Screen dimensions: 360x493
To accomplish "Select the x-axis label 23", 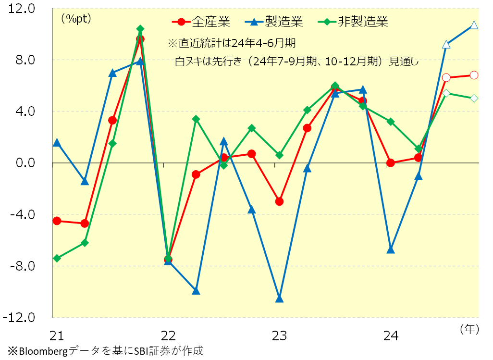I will pyautogui.click(x=280, y=335).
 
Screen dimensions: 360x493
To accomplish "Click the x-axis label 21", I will pyautogui.click(x=57, y=335).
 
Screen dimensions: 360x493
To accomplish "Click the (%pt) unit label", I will pyautogui.click(x=76, y=19).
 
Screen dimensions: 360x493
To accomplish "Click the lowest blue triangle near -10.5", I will pyautogui.click(x=280, y=299).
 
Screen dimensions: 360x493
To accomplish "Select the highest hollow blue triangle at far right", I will pyautogui.click(x=474, y=25).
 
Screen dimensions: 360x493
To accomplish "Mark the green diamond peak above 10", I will pyautogui.click(x=140, y=29).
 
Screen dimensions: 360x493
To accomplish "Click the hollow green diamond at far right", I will pyautogui.click(x=474, y=98).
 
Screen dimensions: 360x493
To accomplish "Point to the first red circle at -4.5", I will pyautogui.click(x=57, y=221).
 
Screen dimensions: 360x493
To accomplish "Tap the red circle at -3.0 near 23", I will pyautogui.click(x=280, y=201).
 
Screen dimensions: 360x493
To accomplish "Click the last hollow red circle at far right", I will pyautogui.click(x=474, y=75).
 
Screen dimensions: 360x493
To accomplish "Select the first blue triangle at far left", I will pyautogui.click(x=57, y=143).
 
